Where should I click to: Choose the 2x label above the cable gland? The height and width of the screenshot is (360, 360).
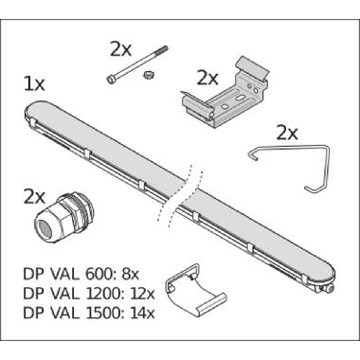pyautogui.click(x=34, y=196)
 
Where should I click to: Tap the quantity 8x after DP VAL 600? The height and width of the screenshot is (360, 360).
pyautogui.click(x=122, y=273)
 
